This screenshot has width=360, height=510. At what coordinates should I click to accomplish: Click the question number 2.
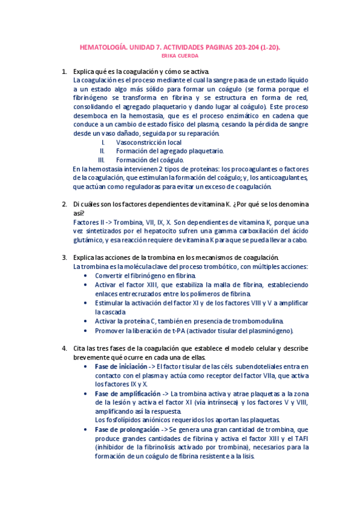[64, 204]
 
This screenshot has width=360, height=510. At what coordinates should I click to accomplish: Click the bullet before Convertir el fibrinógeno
[88, 275]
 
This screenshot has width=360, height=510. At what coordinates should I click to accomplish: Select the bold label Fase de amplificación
[123, 393]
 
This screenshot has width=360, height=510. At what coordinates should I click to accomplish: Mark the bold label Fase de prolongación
[123, 429]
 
